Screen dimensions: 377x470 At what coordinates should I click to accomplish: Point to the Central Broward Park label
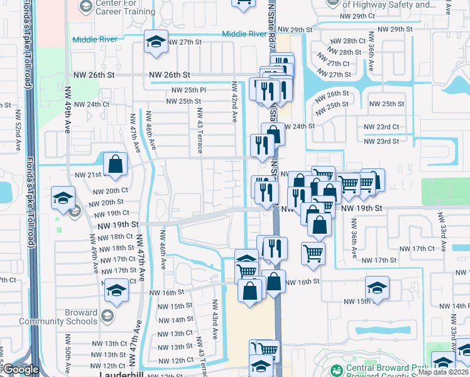(384, 368)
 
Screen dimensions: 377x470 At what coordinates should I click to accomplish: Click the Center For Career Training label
(126, 7)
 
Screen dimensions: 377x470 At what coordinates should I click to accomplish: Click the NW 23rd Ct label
(382, 127)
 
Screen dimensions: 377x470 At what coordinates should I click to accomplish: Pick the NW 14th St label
(175, 320)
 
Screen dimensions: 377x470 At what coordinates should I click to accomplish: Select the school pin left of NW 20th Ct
(63, 198)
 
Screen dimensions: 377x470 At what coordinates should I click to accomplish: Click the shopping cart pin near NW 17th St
(313, 253)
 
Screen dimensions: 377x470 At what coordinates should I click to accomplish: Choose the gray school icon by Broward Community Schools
(107, 315)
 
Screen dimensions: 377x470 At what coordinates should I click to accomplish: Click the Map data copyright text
(444, 372)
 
